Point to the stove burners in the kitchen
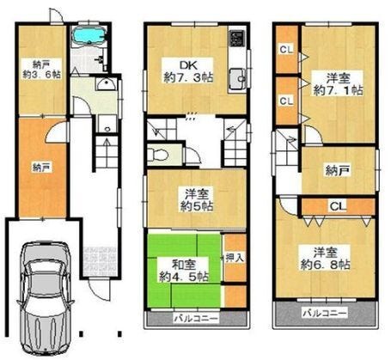[x=235, y=40]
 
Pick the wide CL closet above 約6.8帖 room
[x=337, y=206]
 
